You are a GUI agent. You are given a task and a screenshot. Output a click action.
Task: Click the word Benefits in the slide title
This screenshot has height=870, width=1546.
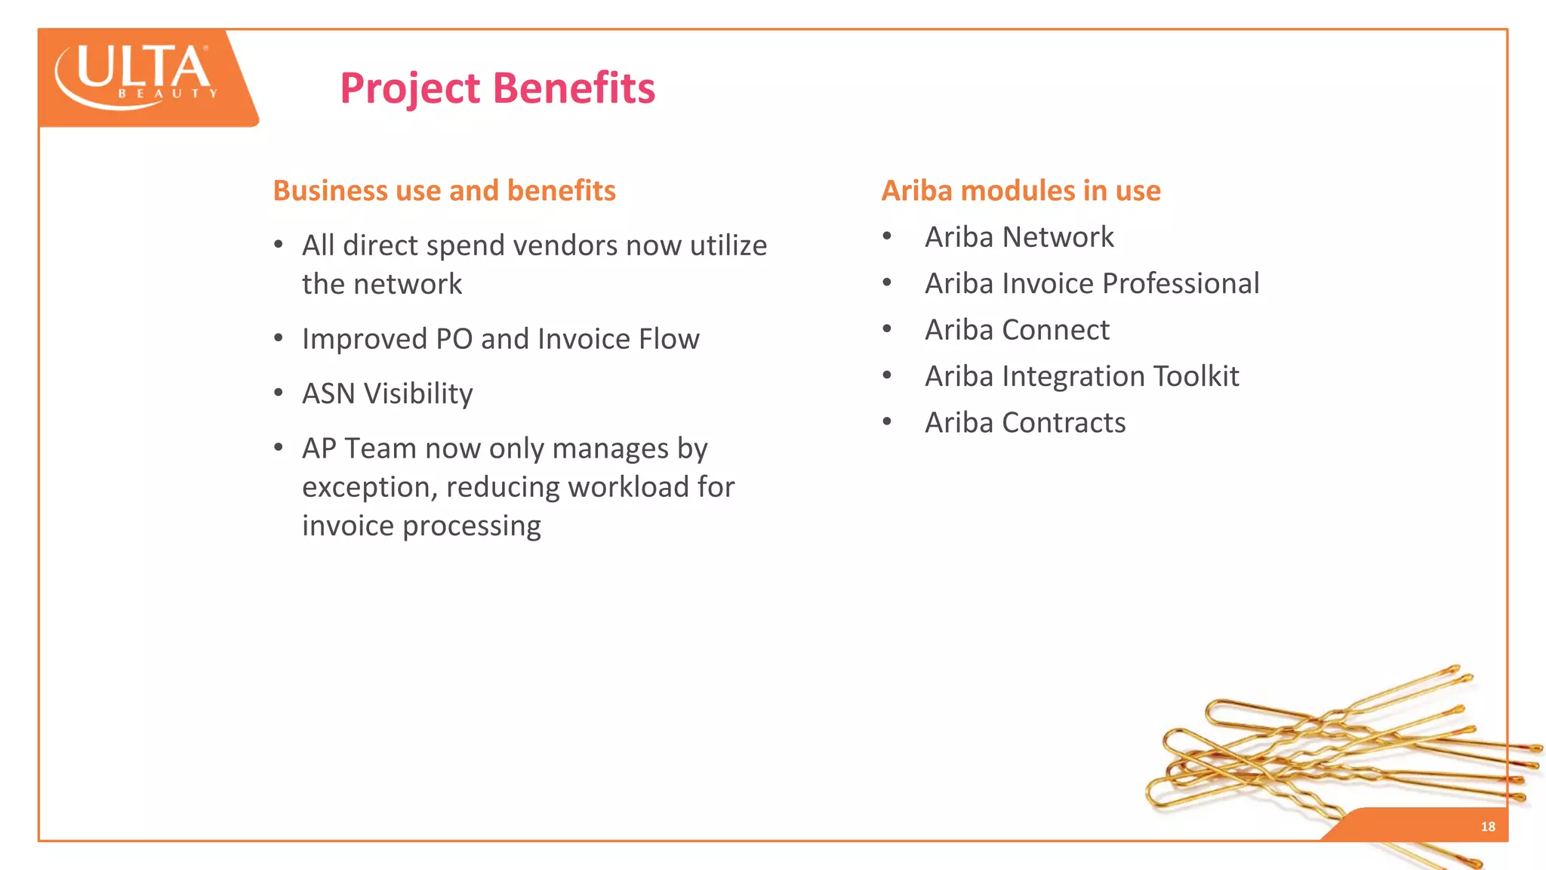[x=574, y=88]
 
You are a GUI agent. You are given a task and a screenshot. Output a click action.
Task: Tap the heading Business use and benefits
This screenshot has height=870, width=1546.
[x=444, y=190]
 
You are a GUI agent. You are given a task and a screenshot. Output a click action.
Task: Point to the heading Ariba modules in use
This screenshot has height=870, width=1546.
[x=1021, y=190]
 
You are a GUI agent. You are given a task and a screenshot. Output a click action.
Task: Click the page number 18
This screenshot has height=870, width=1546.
[x=1487, y=826]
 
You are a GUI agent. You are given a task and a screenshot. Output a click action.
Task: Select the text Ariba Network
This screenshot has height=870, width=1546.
[x=1019, y=237]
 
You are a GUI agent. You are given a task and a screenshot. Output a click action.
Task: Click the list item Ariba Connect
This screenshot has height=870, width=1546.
[x=1017, y=330]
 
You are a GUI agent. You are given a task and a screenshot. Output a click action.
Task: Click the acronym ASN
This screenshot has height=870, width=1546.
[x=328, y=394]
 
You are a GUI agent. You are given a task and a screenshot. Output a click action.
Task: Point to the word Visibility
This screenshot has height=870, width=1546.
[x=418, y=394]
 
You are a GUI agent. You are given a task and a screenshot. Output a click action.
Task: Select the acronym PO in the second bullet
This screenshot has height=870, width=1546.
[x=454, y=339]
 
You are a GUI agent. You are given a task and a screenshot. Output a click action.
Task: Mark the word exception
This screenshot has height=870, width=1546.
[x=365, y=488]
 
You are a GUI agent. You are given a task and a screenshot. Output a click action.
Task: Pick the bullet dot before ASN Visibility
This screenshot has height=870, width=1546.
[x=279, y=393]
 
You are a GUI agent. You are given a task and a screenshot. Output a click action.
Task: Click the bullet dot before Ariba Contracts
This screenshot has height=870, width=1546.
[x=887, y=421]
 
